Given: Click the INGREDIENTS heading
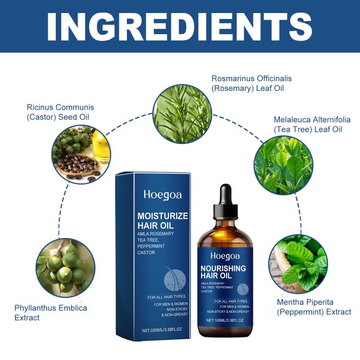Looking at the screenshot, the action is coord(180,27).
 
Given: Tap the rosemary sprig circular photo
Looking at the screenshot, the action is coord(182,114).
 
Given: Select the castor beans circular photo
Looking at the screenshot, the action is coord(81,154).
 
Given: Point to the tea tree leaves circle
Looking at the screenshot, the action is coord(283,165).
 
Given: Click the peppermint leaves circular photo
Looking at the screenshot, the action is coord(298,264).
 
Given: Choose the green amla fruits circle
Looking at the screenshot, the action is coord(66,268).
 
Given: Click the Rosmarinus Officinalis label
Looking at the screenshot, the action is coord(252,83).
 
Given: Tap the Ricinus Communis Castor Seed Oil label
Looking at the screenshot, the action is coord(60,112).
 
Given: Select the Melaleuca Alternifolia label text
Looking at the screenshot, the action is coord(312,125).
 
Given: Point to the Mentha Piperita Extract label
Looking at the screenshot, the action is coord(314,307).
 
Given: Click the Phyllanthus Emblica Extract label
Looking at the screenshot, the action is coord(51,313).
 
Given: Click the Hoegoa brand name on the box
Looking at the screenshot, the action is coord(162,195).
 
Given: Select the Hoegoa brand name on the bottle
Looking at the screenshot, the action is coord(225,256).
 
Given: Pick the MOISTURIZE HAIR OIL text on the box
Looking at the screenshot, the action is coord(162,220).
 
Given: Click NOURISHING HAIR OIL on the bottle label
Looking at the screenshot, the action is coord(223,272).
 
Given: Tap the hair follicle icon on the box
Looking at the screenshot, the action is coord(175,279).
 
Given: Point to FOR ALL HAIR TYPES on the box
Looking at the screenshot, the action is coord(166,297).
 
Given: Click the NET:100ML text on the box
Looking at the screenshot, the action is coord(162,330).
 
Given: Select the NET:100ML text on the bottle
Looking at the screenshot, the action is coord(225,320).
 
